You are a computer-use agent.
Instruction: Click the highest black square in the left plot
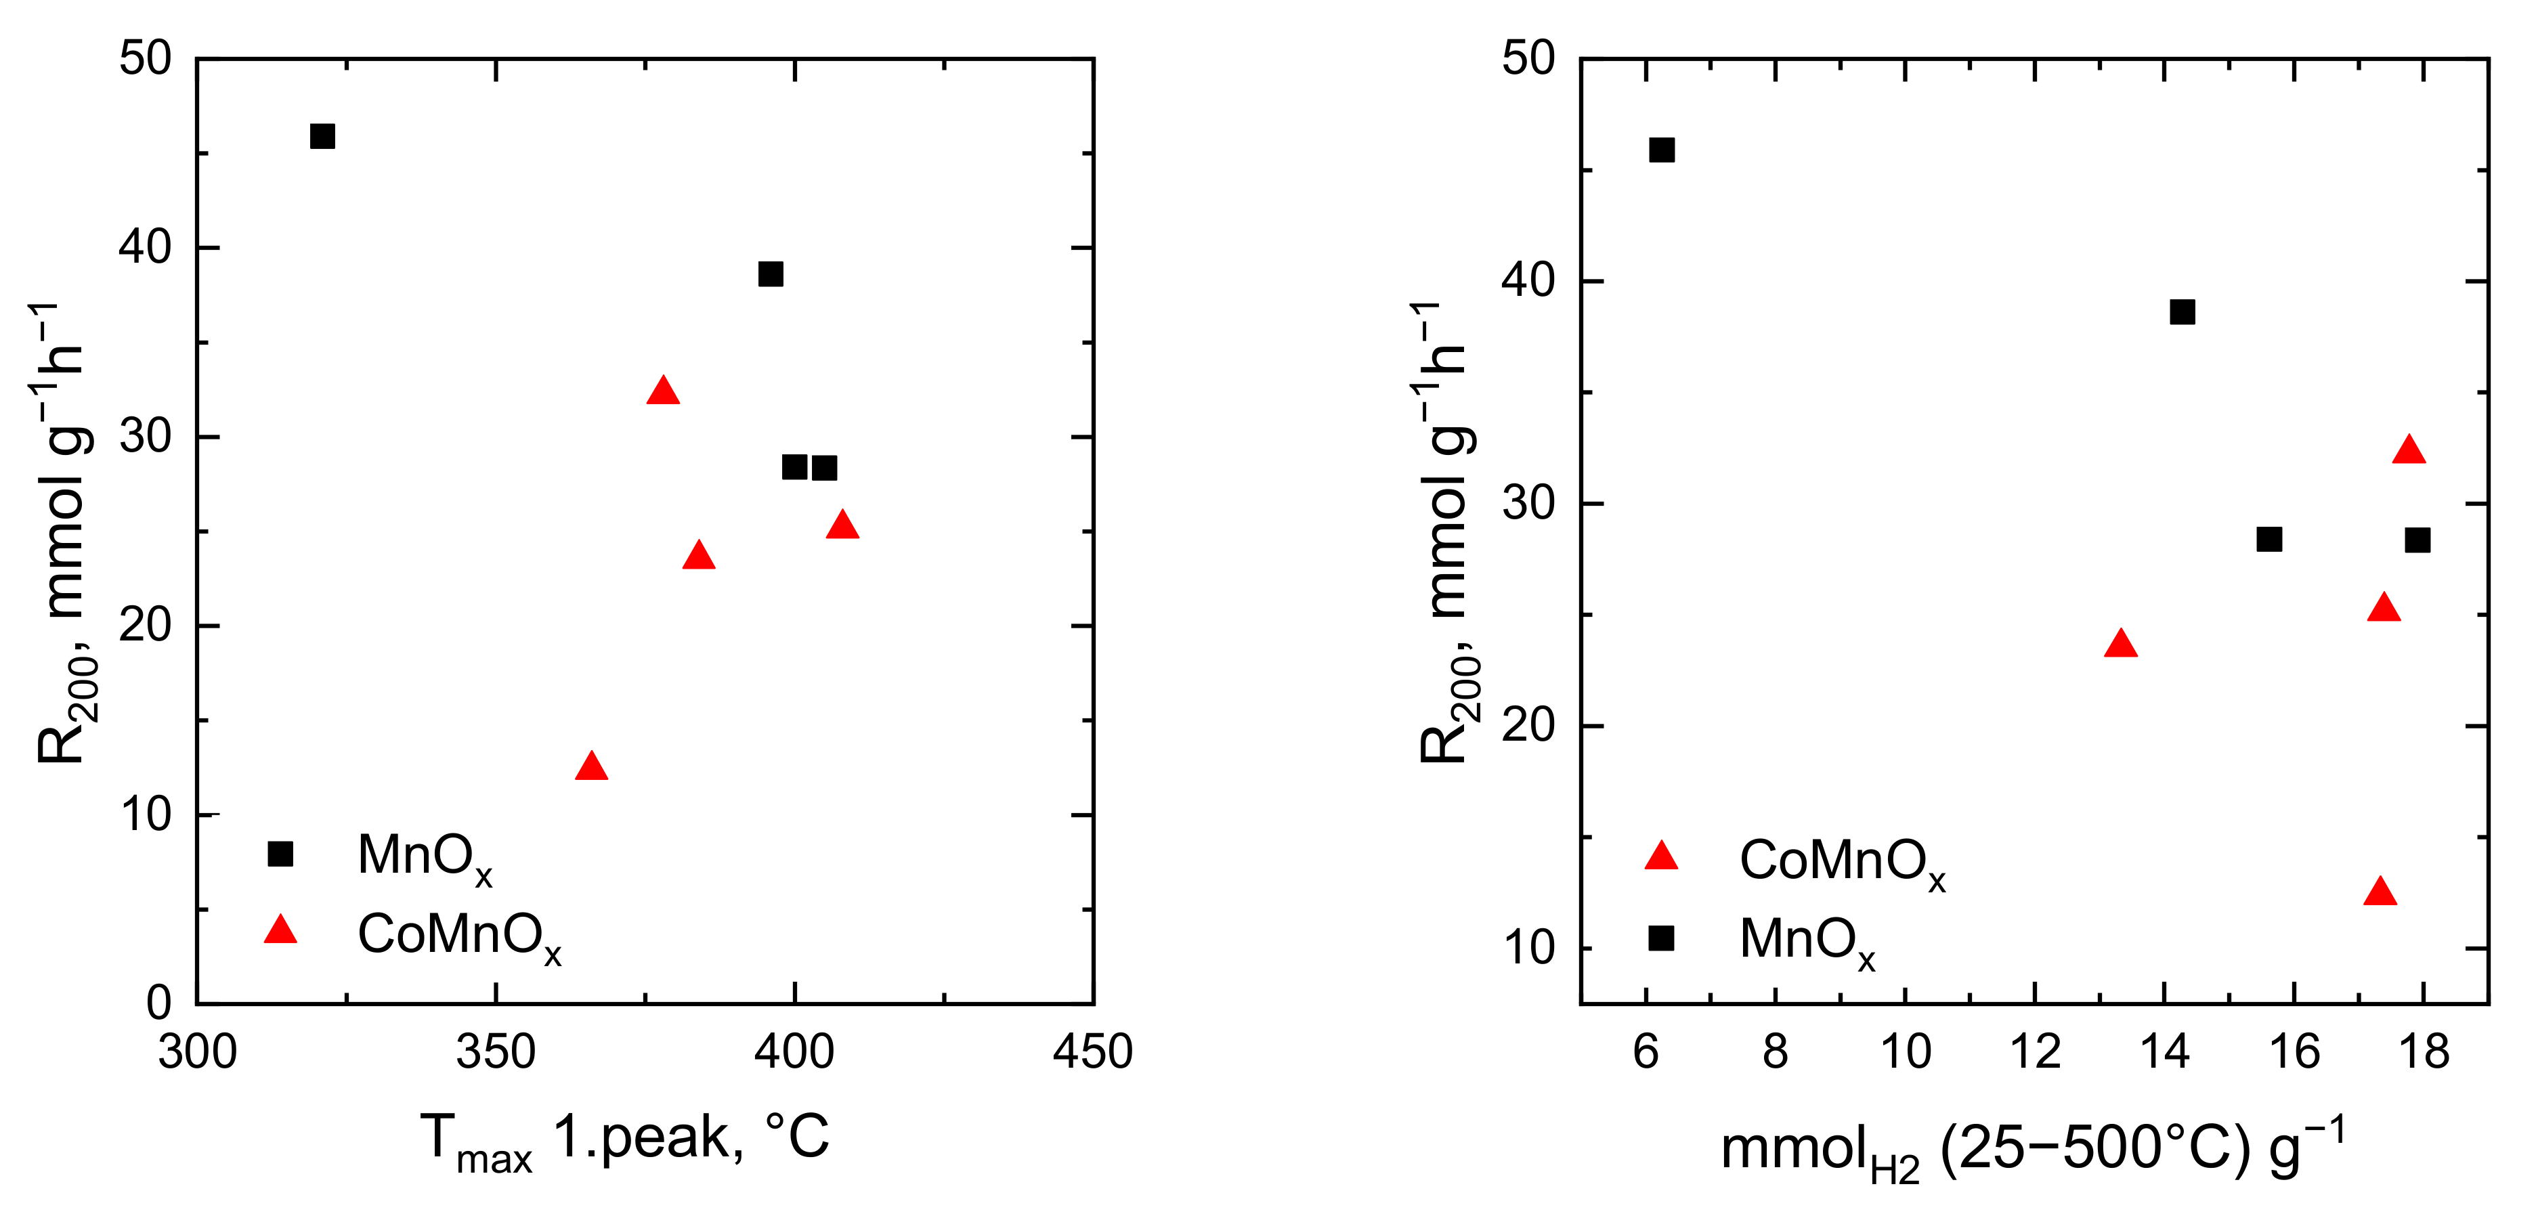pos(322,136)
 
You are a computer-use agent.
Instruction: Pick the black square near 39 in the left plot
pos(770,274)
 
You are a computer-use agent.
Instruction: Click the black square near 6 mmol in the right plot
pos(1662,150)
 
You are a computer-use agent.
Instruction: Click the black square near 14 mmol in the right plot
pos(2183,312)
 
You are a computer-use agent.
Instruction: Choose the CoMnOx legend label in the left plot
pos(458,936)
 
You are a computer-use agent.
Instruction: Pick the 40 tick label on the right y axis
pos(1527,280)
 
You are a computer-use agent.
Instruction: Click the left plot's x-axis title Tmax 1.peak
pos(624,1140)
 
